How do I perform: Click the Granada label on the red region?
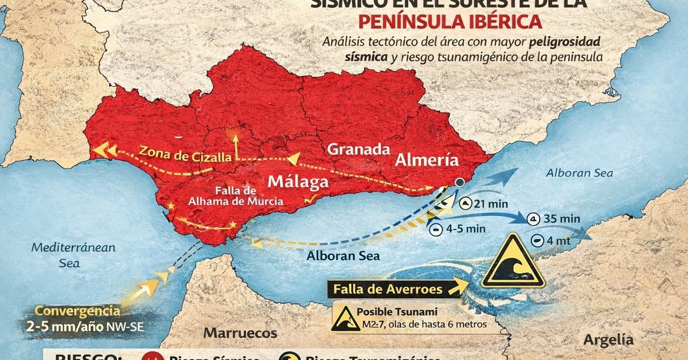[358, 150]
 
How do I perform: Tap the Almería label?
[426, 160]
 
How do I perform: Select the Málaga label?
[299, 182]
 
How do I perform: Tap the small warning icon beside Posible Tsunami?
[343, 318]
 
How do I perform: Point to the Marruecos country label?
[240, 333]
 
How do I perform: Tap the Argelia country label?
[609, 339]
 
